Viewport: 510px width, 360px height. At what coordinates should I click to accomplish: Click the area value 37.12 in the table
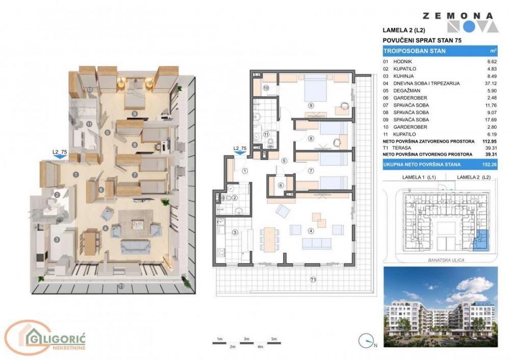coord(491,83)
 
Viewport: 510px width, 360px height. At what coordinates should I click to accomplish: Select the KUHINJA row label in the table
coord(403,76)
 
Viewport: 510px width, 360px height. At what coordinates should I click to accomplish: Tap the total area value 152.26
coord(489,165)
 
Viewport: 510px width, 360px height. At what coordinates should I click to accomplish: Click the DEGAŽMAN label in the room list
coord(406,91)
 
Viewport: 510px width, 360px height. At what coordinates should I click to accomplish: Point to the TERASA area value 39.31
coord(491,148)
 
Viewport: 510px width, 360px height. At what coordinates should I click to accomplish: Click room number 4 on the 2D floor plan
coord(311,231)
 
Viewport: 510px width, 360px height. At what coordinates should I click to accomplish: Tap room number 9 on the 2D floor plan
coord(311,106)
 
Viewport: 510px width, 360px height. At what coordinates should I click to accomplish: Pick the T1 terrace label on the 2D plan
coord(313,279)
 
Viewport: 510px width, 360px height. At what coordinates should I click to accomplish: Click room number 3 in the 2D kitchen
coord(235,232)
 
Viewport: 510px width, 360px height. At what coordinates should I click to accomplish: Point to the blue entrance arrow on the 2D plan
coord(240,154)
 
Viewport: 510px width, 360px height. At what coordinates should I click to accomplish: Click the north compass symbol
coord(366,341)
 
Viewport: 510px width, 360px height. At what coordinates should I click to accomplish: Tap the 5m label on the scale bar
coord(274,339)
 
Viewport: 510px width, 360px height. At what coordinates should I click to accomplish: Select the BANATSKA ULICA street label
coord(446,260)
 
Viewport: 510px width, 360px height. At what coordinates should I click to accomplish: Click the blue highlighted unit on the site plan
coord(481,241)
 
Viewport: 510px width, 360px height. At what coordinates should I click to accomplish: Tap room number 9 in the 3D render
coord(134,114)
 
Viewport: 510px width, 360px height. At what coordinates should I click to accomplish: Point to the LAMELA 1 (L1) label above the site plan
coord(419,177)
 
